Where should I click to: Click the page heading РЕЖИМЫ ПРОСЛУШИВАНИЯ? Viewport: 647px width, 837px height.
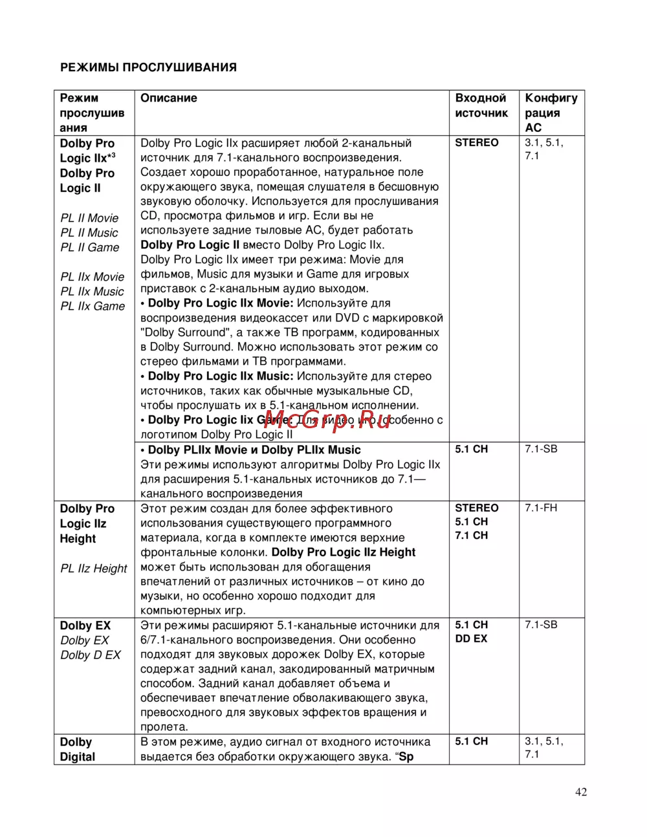click(x=148, y=67)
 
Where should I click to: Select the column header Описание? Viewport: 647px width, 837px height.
click(x=169, y=98)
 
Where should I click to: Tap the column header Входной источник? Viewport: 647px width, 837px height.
click(x=481, y=105)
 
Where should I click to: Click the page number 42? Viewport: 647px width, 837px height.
click(x=580, y=792)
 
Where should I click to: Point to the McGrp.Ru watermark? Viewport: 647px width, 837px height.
click(x=327, y=420)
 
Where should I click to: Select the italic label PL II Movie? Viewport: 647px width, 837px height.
click(x=89, y=218)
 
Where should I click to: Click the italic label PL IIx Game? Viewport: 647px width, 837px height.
click(x=93, y=306)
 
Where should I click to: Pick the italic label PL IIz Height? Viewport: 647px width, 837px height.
click(x=94, y=569)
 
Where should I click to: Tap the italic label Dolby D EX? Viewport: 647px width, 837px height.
click(x=91, y=655)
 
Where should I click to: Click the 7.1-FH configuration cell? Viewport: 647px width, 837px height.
click(x=541, y=508)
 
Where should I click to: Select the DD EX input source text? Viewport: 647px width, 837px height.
click(x=472, y=638)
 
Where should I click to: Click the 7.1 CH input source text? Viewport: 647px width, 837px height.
click(x=471, y=536)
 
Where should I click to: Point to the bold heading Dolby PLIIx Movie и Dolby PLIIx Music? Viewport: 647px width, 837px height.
click(x=254, y=450)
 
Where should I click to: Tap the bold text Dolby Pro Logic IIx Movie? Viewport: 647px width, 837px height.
click(x=221, y=303)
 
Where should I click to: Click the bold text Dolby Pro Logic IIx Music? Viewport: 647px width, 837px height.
click(x=221, y=376)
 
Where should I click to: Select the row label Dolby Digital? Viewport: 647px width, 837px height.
click(x=77, y=750)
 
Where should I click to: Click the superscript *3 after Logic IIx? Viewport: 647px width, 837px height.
click(x=111, y=156)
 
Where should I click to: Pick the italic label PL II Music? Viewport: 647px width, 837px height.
click(x=89, y=233)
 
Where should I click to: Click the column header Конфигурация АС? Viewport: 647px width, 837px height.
click(x=551, y=113)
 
